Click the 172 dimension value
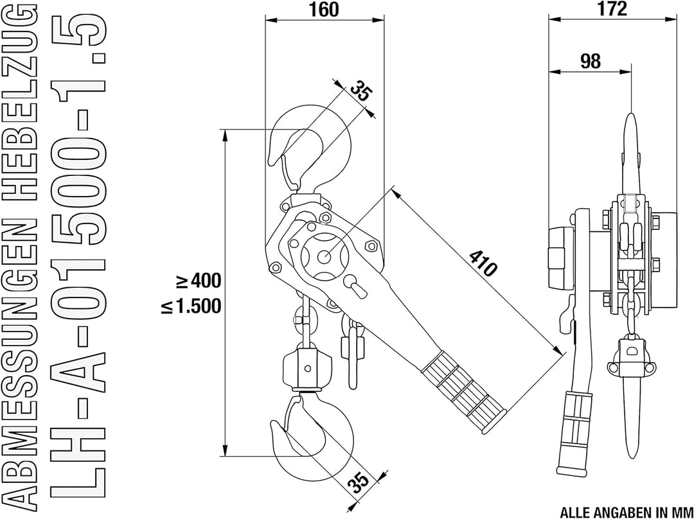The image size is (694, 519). [612, 8]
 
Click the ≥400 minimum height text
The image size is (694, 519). [199, 281]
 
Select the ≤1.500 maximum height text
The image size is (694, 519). [191, 305]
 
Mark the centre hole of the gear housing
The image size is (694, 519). [325, 256]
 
